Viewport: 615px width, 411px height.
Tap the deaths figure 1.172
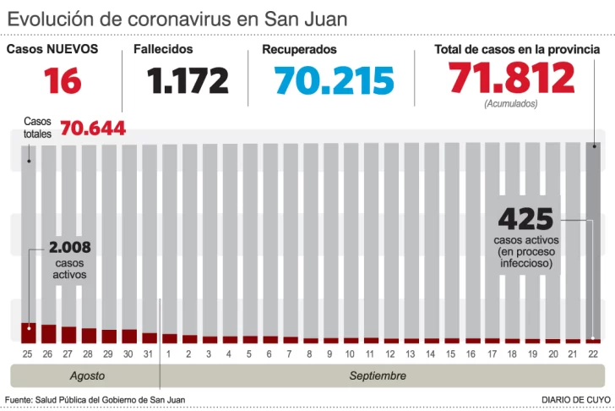click(x=188, y=81)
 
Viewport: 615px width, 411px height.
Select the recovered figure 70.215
click(x=334, y=81)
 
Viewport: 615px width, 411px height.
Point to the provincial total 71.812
click(x=511, y=79)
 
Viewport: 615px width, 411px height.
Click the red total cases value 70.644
click(x=93, y=129)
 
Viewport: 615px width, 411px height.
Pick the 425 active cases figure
click(x=525, y=219)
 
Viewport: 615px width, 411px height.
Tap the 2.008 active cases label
click(x=69, y=249)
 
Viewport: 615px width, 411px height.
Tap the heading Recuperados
click(x=299, y=50)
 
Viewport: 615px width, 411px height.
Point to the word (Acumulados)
click(x=510, y=103)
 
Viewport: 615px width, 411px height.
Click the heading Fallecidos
click(x=163, y=50)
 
